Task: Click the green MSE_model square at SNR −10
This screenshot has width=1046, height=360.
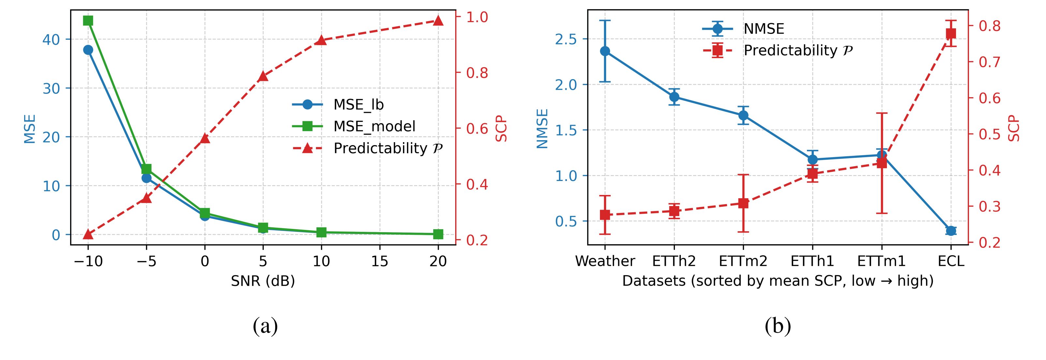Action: (88, 20)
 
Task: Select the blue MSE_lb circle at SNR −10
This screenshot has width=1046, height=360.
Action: (88, 50)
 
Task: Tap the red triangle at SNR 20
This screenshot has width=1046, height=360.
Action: (438, 20)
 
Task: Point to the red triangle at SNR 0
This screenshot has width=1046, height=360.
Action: (205, 138)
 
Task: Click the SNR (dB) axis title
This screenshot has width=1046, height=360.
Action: (263, 281)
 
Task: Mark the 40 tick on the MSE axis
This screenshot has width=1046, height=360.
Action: (51, 39)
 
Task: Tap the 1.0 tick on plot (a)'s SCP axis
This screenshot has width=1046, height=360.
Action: (477, 17)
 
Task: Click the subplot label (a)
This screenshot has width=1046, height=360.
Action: (265, 326)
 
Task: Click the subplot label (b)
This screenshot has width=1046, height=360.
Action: (778, 326)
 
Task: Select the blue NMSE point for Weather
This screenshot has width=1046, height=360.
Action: (605, 51)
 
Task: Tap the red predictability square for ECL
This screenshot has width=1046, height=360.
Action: (951, 33)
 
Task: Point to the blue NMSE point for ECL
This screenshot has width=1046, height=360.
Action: (951, 231)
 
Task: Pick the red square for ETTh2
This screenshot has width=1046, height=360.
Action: (674, 211)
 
